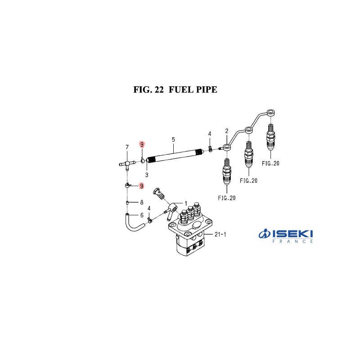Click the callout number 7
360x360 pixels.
127,147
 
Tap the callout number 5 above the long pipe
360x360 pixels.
173,140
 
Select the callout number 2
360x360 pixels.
227,131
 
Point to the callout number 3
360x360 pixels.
147,174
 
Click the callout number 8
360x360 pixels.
141,202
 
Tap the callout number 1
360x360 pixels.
185,203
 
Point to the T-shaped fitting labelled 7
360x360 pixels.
127,162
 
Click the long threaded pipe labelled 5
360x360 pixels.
175,154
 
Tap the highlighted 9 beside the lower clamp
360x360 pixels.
142,186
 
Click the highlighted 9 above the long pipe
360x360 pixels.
142,144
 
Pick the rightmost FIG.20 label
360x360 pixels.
270,164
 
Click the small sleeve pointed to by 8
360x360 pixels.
128,202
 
